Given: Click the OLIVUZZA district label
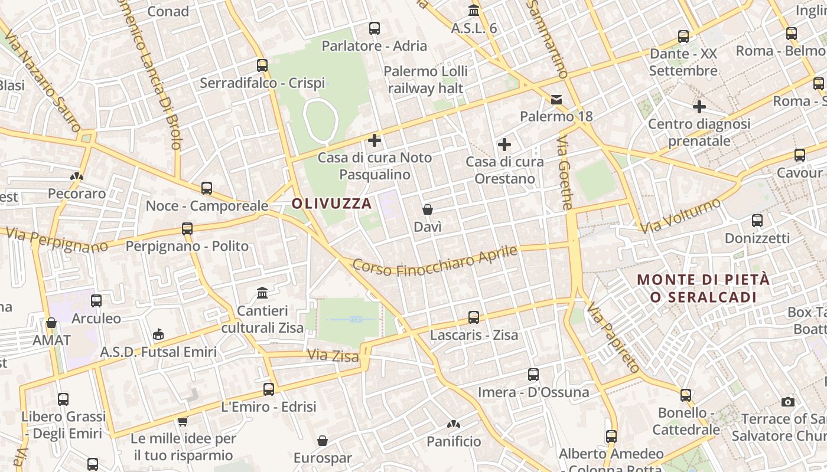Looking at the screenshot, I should (x=332, y=204).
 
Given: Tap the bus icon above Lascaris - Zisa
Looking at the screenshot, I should (x=474, y=317).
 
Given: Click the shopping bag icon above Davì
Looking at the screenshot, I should (x=428, y=209).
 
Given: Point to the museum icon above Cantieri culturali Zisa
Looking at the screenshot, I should (x=262, y=293).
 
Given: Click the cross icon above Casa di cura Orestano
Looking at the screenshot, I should (x=504, y=144).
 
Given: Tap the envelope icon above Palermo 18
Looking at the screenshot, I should (x=556, y=99).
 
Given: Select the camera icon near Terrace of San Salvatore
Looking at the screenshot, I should (x=788, y=402).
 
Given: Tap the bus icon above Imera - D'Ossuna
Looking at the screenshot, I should (x=533, y=375).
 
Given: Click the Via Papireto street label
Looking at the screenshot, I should (x=613, y=337).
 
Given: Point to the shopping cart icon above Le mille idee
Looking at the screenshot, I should (x=183, y=421).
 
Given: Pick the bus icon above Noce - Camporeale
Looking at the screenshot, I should (x=207, y=188).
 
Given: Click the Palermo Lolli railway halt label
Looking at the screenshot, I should (x=425, y=80).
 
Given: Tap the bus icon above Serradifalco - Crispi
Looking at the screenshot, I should (x=262, y=65).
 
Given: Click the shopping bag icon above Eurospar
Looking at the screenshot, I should (x=323, y=441).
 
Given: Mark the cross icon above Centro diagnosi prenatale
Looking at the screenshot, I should (x=699, y=107).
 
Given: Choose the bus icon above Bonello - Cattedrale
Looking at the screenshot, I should (x=686, y=395).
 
